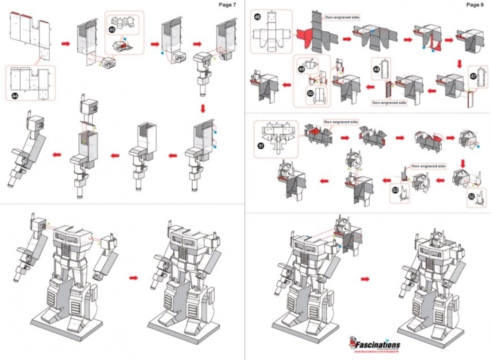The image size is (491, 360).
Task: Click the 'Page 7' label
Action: tap(227, 5)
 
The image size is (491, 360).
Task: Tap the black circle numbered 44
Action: tap(15, 96)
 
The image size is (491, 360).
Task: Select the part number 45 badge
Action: tap(113, 30)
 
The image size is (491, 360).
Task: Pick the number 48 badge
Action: tap(375, 69)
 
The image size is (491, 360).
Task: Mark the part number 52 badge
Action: tap(471, 197)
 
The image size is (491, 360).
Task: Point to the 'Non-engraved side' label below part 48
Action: tap(388, 102)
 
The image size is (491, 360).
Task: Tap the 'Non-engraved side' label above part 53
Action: tap(427, 167)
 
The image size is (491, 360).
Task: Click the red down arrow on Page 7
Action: tap(202, 109)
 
